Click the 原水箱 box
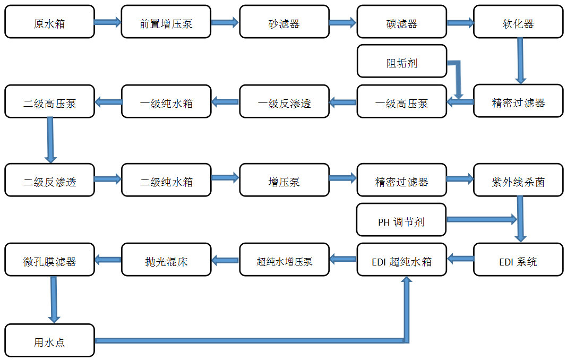pos(49,22)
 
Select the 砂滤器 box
pos(284,22)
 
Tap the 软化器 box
pos(518,22)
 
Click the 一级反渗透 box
pos(284,101)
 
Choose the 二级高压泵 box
pos(49,101)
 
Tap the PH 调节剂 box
pos(401,220)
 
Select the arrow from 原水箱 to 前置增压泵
pos(108,22)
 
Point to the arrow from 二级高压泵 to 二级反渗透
pos(50,140)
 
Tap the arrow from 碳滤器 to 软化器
pos(460,22)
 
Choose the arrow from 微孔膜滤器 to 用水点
pos(53,299)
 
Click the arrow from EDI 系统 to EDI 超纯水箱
pos(460,259)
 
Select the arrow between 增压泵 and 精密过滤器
pos(342,178)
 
